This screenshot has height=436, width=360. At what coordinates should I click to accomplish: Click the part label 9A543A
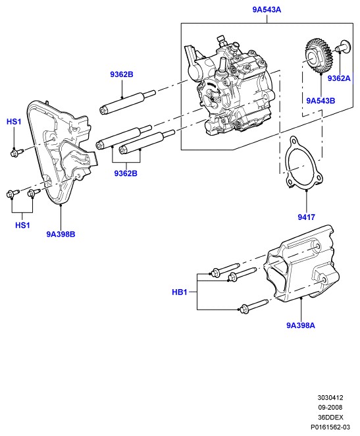point(267,10)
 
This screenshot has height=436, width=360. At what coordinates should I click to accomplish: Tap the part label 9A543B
point(321,101)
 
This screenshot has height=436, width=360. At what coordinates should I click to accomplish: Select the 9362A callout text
point(339,78)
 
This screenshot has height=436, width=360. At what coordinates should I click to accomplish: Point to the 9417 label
point(307,217)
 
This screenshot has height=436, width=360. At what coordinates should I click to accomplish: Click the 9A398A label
point(301,325)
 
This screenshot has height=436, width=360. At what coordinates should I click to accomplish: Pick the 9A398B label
point(61,234)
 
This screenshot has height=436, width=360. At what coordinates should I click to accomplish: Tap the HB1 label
point(180,292)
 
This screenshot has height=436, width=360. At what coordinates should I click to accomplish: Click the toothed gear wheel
point(319,57)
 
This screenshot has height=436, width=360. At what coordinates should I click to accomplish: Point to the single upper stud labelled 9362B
point(127,102)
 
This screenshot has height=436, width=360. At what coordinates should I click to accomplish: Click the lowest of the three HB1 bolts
point(253,306)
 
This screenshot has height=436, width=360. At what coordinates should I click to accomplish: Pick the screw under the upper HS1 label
point(17,152)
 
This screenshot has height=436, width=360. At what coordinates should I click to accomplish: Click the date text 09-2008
point(330,408)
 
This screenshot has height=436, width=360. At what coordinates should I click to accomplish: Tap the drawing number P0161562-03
point(330,427)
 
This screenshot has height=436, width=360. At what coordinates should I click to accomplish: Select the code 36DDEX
point(330,418)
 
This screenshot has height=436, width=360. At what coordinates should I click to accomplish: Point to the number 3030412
point(330,398)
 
